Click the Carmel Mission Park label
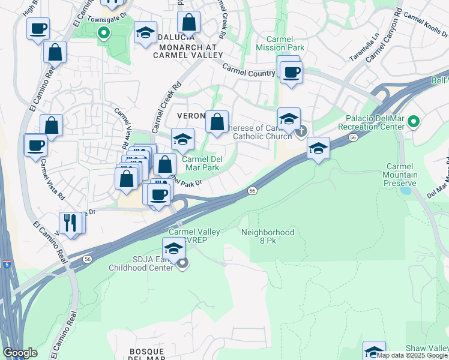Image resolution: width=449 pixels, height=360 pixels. tap(280, 43)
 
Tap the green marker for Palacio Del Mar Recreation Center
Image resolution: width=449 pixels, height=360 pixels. tap(413, 122)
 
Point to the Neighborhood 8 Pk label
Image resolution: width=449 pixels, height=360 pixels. tap(268, 236)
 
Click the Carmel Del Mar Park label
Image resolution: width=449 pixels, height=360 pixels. tap(200, 164)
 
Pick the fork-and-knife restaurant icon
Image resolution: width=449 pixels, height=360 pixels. tap(71, 223)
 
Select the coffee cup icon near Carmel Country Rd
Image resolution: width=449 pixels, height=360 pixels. tap(292, 73)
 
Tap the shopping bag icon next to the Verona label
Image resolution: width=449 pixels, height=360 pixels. tap(217, 122)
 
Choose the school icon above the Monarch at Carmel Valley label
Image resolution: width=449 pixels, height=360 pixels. tap(145, 34)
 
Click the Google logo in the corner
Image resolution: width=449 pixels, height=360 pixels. tap(20, 353)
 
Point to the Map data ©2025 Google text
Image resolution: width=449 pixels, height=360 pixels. tap(412, 355)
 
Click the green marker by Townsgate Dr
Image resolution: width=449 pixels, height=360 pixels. tap(104, 33)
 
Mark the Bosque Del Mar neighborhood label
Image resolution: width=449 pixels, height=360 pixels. tap(148, 355)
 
